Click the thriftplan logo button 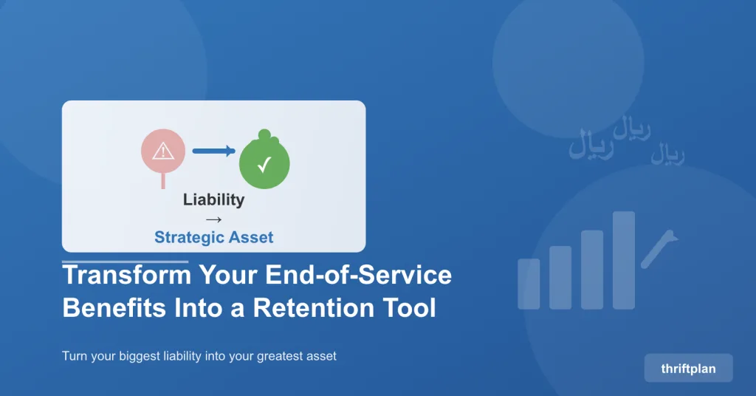point(688,368)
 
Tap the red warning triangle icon point(163,151)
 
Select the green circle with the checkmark point(264,163)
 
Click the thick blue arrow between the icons point(213,151)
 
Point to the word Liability point(213,199)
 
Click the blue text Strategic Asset point(213,237)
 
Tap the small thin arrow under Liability point(213,220)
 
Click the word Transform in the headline point(127,274)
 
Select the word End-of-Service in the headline point(358,274)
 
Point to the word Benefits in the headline point(114,308)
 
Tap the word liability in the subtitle point(182,356)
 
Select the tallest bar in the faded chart point(623,260)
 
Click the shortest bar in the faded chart point(529,284)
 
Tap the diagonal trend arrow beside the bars point(659,248)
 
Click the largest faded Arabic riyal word point(591,144)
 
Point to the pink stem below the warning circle point(163,180)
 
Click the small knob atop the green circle point(264,134)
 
